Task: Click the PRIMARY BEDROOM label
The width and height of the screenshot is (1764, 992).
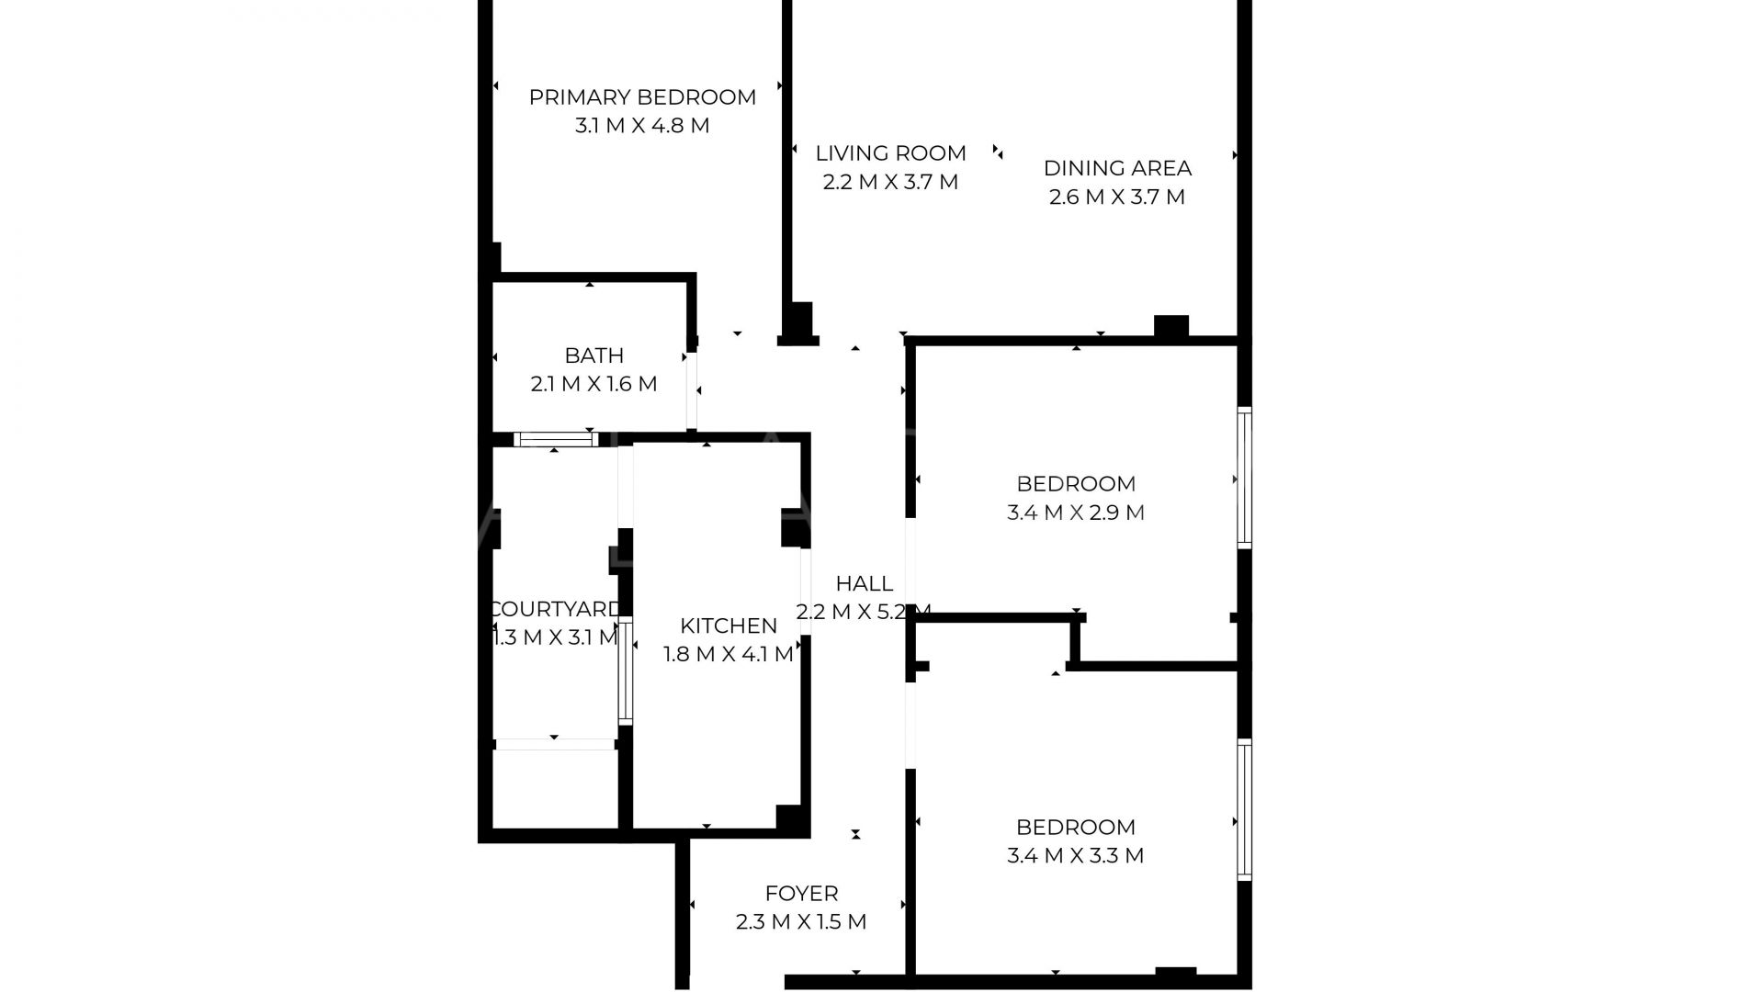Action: (x=642, y=97)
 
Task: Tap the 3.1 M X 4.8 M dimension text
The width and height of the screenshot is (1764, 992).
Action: (x=642, y=126)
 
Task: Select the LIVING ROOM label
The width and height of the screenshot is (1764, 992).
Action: (x=890, y=153)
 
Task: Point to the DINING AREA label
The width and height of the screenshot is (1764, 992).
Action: (x=1117, y=168)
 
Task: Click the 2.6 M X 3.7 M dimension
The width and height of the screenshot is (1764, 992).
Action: (x=1117, y=197)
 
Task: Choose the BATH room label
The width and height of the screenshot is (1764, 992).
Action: (x=594, y=355)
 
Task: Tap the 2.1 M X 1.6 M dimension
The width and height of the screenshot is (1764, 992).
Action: (x=594, y=384)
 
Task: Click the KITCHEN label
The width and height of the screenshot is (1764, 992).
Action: (x=729, y=626)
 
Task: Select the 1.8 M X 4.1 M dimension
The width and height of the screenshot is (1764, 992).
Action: (x=729, y=654)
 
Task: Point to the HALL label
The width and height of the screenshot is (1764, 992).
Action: (x=864, y=583)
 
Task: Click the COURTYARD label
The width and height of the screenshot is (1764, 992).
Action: (x=556, y=609)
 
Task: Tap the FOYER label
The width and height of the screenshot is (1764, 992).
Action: (x=801, y=893)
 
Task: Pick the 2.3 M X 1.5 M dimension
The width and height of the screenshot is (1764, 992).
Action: (x=801, y=921)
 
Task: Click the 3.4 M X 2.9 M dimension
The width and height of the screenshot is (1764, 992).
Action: (x=1076, y=513)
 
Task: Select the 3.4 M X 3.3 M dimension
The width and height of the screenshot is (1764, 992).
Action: (x=1076, y=856)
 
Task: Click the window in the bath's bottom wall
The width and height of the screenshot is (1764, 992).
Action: (x=555, y=439)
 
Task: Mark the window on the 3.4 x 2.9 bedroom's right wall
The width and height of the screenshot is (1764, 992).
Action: (x=1244, y=478)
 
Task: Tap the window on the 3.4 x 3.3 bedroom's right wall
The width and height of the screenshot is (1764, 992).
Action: (x=1244, y=809)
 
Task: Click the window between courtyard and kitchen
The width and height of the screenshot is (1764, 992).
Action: (x=625, y=671)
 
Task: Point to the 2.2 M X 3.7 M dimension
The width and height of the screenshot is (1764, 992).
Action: (x=890, y=182)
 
